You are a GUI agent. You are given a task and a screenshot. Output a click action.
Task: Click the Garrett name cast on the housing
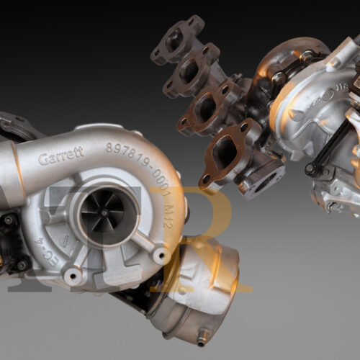[60, 156]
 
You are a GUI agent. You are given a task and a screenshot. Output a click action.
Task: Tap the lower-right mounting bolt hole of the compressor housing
[159, 256]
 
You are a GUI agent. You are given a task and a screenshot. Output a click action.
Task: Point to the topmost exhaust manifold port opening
[175, 42]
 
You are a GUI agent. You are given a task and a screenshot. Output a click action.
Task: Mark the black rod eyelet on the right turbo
[310, 170]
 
